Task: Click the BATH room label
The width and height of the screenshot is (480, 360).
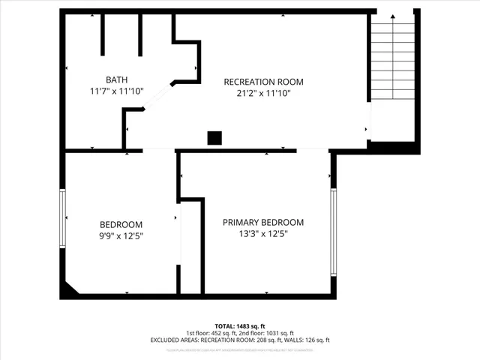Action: [x=115, y=79]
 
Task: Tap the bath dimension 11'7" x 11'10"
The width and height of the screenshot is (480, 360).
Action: [x=115, y=91]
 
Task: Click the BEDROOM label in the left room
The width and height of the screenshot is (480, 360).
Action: [x=121, y=224]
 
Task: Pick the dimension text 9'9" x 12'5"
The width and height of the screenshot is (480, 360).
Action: [x=121, y=235]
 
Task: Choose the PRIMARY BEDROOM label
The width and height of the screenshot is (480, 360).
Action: [x=263, y=222]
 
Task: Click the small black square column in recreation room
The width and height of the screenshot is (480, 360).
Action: [x=214, y=137]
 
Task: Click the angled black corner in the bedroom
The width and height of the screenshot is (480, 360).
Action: [x=71, y=287]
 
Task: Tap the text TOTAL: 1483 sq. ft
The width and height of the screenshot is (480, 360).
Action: [x=240, y=326]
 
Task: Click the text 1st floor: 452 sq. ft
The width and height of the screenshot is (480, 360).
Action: [x=213, y=333]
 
